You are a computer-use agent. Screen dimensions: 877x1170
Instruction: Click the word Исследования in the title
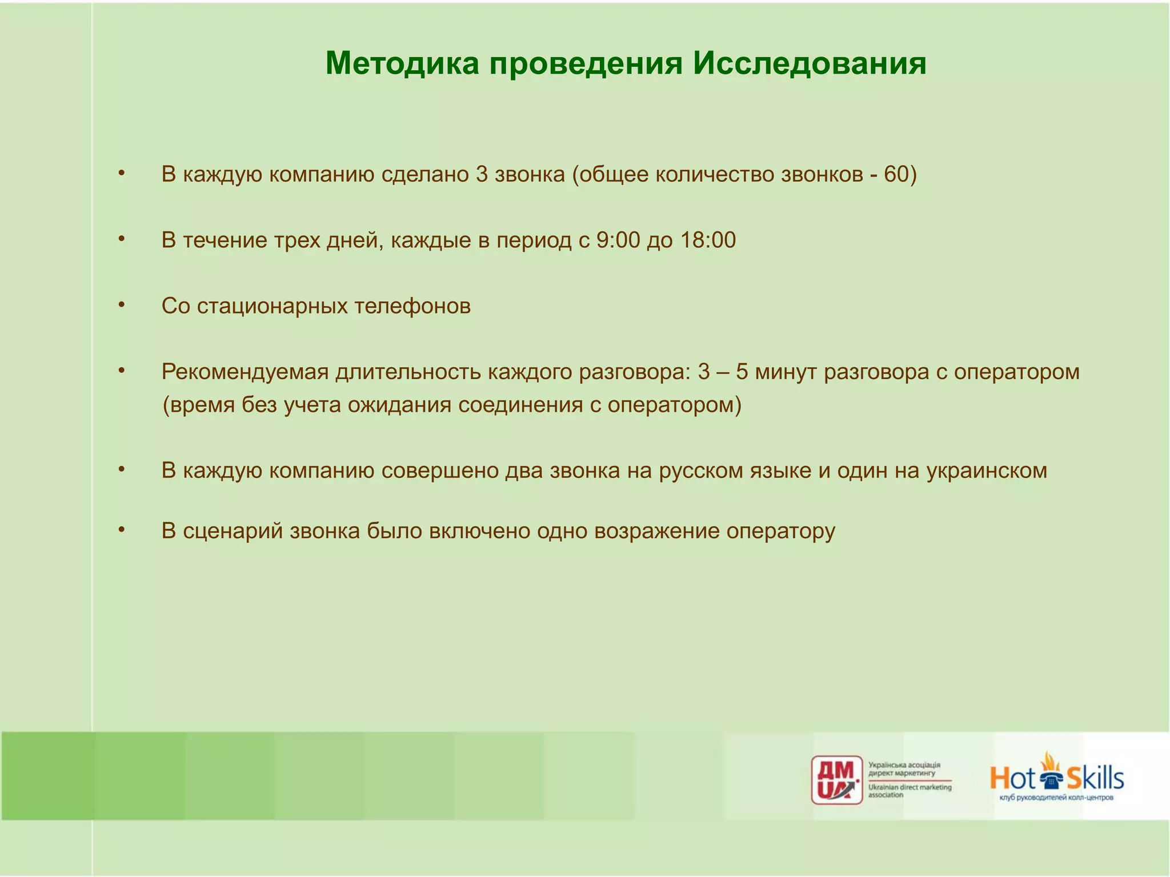[810, 63]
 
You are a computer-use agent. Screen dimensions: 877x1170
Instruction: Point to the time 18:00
[708, 240]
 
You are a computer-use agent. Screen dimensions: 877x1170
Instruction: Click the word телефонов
[412, 306]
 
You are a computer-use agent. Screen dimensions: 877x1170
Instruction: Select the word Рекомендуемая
[245, 372]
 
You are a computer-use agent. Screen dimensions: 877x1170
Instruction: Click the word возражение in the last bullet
[657, 531]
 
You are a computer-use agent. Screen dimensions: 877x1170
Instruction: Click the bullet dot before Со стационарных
[121, 305]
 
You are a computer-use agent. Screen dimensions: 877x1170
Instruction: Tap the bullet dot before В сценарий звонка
[121, 530]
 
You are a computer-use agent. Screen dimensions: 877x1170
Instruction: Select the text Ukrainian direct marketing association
[909, 791]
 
